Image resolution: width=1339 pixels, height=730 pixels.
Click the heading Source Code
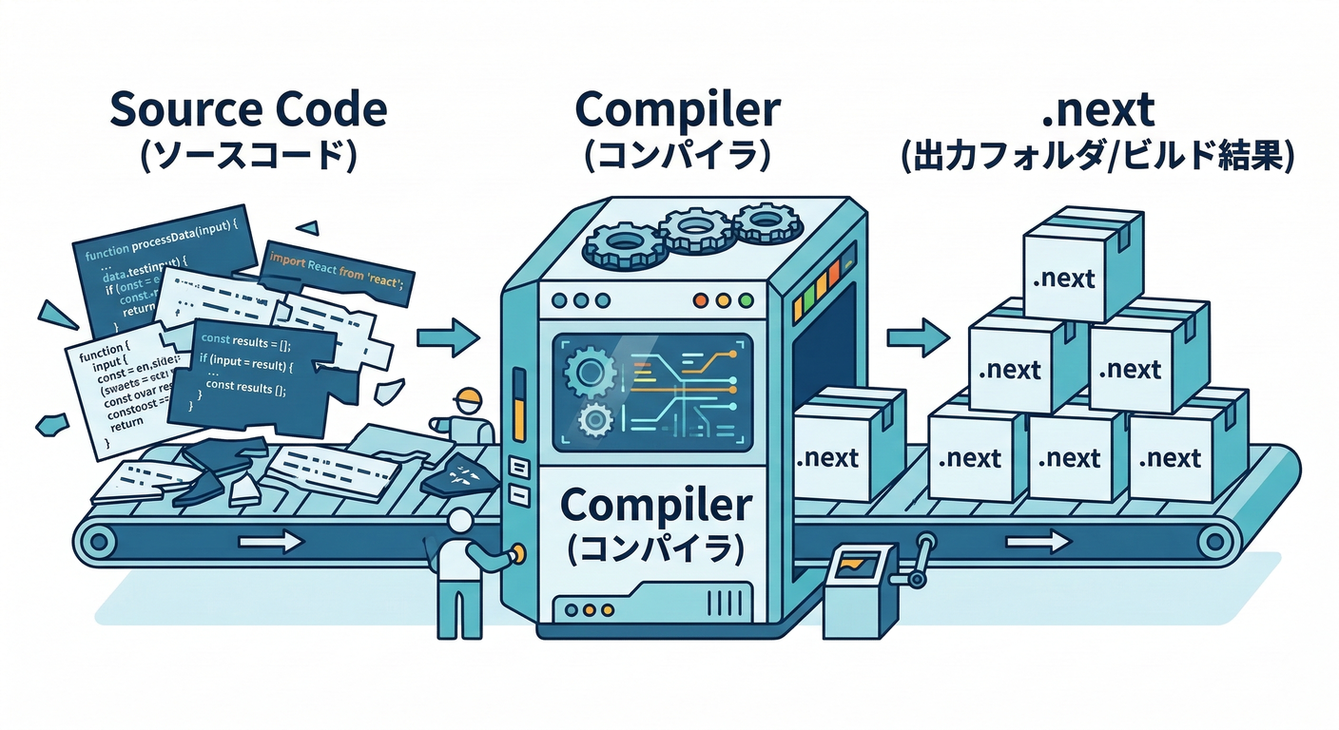pos(248,110)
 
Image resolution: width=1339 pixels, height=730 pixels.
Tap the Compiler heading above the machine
pos(678,110)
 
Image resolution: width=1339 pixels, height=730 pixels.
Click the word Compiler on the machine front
pos(656,505)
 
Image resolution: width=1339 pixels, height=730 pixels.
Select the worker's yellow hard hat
pos(468,397)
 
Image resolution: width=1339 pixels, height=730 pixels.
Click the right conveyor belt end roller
pos(1213,542)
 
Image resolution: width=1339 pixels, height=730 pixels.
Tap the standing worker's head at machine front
pos(461,522)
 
